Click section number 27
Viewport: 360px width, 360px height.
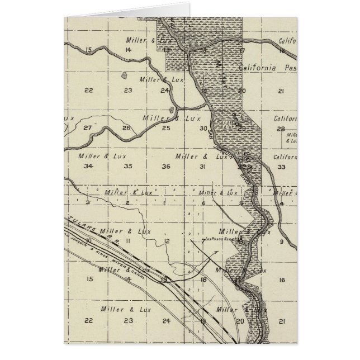87,128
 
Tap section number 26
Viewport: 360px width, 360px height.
127,128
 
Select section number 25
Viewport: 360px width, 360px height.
166,128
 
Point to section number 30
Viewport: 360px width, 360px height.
203,128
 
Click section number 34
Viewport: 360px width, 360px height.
87,166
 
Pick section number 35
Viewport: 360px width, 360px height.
128,166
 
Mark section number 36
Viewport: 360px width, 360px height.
165,167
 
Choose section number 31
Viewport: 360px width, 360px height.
203,167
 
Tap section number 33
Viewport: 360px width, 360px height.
281,167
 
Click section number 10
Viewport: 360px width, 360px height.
89,240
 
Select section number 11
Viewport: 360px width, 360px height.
127,240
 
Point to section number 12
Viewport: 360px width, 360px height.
167,241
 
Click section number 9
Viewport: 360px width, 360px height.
282,241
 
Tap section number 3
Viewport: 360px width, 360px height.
88,202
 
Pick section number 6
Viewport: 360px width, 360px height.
204,203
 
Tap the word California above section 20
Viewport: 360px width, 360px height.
258,68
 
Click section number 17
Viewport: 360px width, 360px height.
242,50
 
